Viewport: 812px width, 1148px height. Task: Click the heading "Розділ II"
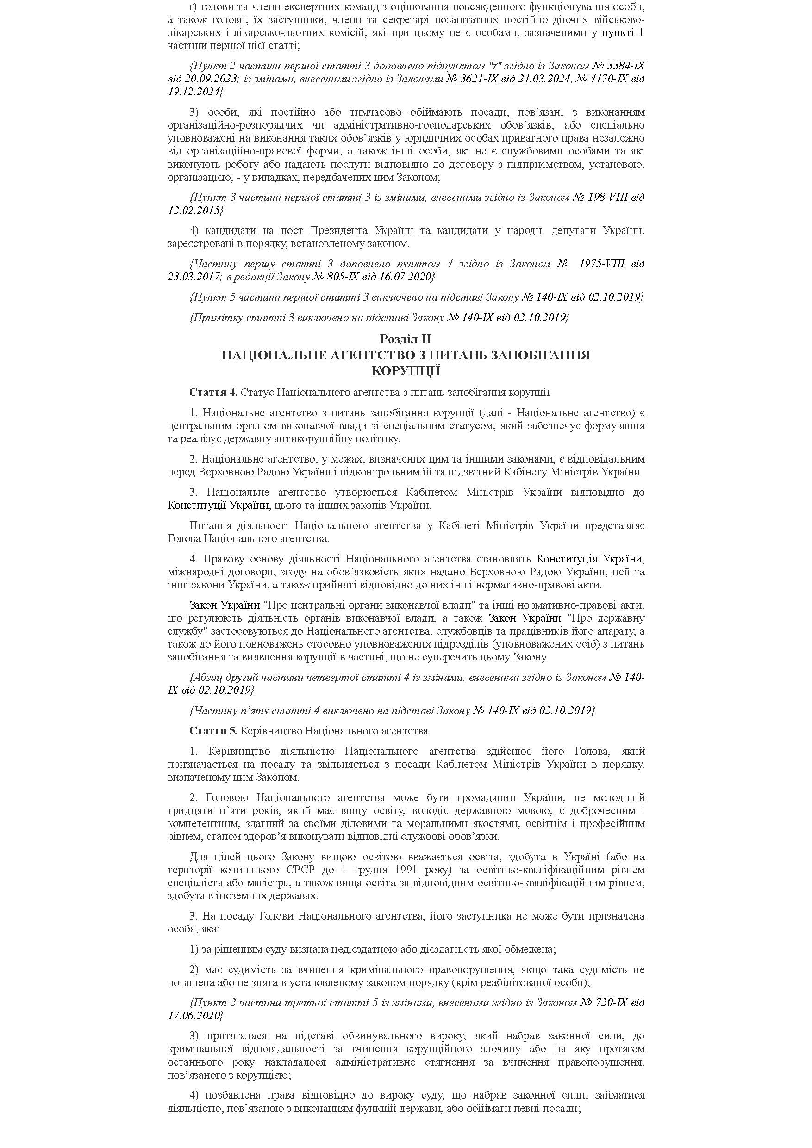point(405,339)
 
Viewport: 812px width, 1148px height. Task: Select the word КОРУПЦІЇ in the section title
point(405,370)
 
